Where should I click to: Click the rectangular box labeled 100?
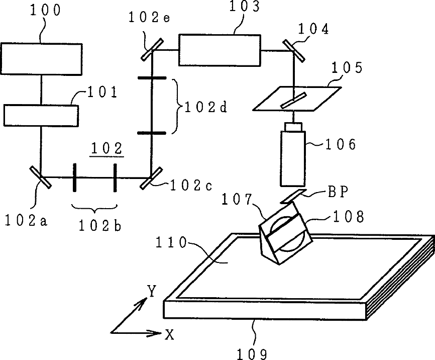pos(41,59)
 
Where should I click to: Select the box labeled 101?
pos(41,115)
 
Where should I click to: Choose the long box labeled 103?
pos(220,49)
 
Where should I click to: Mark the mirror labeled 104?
pos(293,49)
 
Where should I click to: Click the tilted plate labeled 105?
pos(297,98)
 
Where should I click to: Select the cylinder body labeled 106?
pos(292,157)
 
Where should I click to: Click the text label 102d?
pos(204,107)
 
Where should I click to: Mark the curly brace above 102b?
pos(94,207)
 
